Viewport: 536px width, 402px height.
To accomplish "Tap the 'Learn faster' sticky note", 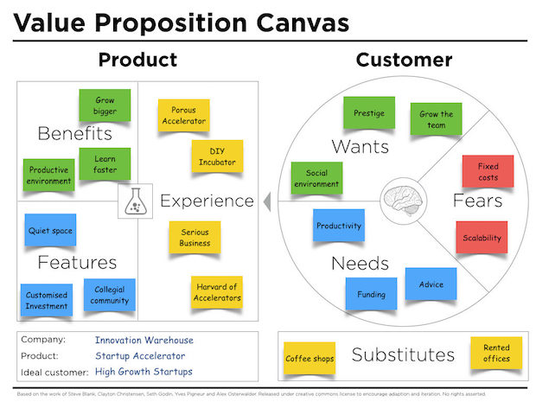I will coord(105,163).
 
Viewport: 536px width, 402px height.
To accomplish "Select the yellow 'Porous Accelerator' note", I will coord(183,116).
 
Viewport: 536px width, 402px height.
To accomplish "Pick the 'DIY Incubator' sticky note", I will coord(216,156).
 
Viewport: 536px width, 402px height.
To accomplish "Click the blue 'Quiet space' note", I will coord(50,230).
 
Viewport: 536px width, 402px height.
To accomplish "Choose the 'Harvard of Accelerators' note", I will coord(215,293).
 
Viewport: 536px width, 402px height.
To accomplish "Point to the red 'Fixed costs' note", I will coord(488,171).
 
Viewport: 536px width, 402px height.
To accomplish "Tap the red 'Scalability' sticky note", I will coord(480,237).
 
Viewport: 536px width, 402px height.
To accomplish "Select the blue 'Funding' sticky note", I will coord(372,294).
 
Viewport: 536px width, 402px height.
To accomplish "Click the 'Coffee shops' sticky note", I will coord(309,358).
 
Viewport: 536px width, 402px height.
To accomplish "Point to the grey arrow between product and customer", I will coord(266,201).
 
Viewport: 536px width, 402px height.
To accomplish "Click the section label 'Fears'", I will coord(477,201).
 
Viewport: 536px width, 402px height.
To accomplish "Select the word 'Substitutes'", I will coord(403,354).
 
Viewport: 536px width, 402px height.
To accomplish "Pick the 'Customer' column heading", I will coord(404,60).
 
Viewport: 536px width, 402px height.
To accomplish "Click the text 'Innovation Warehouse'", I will coord(144,340).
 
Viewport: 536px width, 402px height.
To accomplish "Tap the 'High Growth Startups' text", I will coord(144,372).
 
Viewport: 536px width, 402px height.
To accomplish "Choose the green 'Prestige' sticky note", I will coord(369,113).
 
